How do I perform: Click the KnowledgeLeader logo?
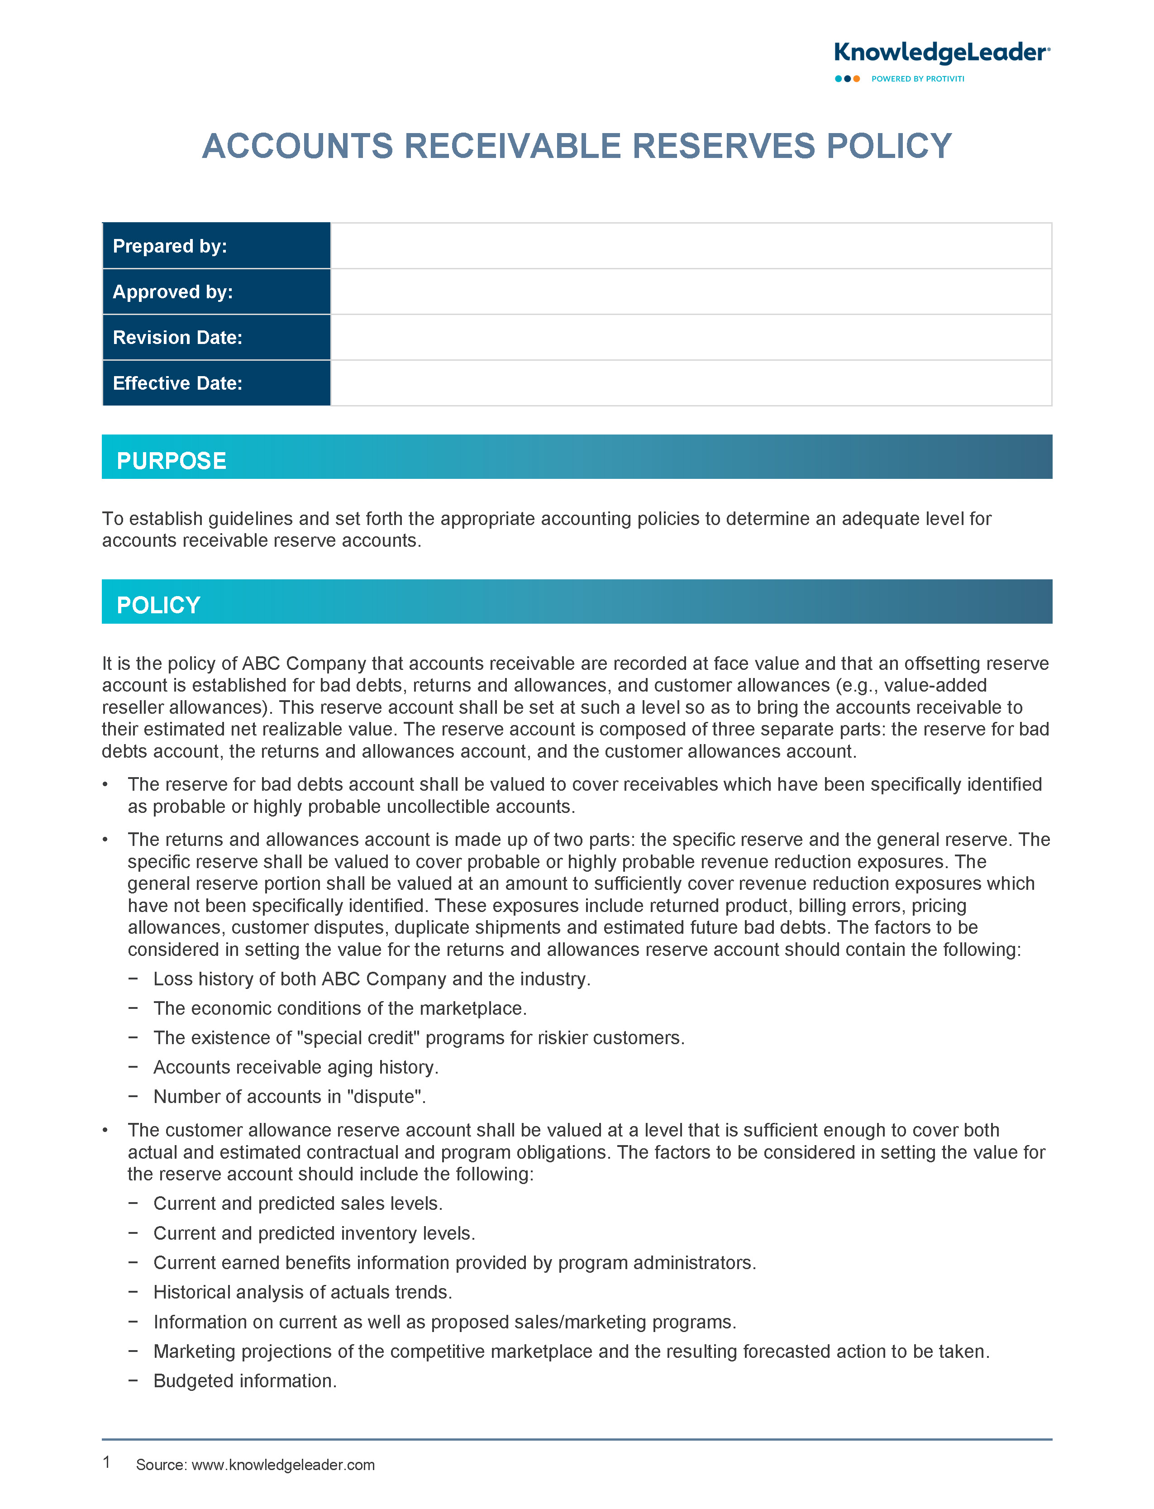pyautogui.click(x=941, y=53)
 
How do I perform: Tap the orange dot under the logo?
pyautogui.click(x=857, y=79)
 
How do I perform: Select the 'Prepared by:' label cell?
pyautogui.click(x=216, y=246)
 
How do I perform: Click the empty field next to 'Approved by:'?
pyautogui.click(x=690, y=292)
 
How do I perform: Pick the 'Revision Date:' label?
pyautogui.click(x=177, y=337)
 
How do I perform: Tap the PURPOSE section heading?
pyautogui.click(x=172, y=461)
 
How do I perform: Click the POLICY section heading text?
pyautogui.click(x=159, y=605)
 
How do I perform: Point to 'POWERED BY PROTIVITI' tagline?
pyautogui.click(x=917, y=79)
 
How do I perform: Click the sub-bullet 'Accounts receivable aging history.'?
pyautogui.click(x=296, y=1067)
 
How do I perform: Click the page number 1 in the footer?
pyautogui.click(x=106, y=1462)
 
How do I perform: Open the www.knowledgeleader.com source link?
pyautogui.click(x=283, y=1465)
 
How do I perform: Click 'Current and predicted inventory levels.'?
pyautogui.click(x=314, y=1233)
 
